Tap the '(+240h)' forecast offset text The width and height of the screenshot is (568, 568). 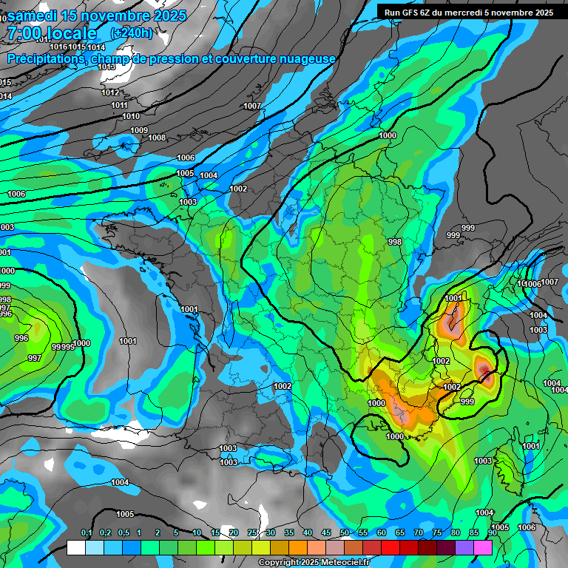tap(132, 33)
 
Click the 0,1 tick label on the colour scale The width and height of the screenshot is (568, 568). tap(87, 533)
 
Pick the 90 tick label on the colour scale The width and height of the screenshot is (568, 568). tap(493, 533)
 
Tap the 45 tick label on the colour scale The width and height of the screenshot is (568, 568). tap(326, 533)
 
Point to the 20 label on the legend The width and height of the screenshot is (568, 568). tap(234, 533)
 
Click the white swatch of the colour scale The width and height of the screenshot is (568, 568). tap(76, 547)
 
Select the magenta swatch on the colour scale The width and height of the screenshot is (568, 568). tap(483, 547)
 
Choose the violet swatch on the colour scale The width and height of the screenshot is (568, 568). tap(464, 547)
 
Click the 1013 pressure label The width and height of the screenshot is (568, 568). tap(106, 67)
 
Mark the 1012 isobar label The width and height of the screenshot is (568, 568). tap(110, 92)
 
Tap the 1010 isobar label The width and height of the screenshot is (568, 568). tap(131, 116)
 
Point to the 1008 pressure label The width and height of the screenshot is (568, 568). tap(157, 138)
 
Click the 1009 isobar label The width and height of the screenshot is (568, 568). tap(139, 130)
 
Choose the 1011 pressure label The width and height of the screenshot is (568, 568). tap(119, 105)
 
